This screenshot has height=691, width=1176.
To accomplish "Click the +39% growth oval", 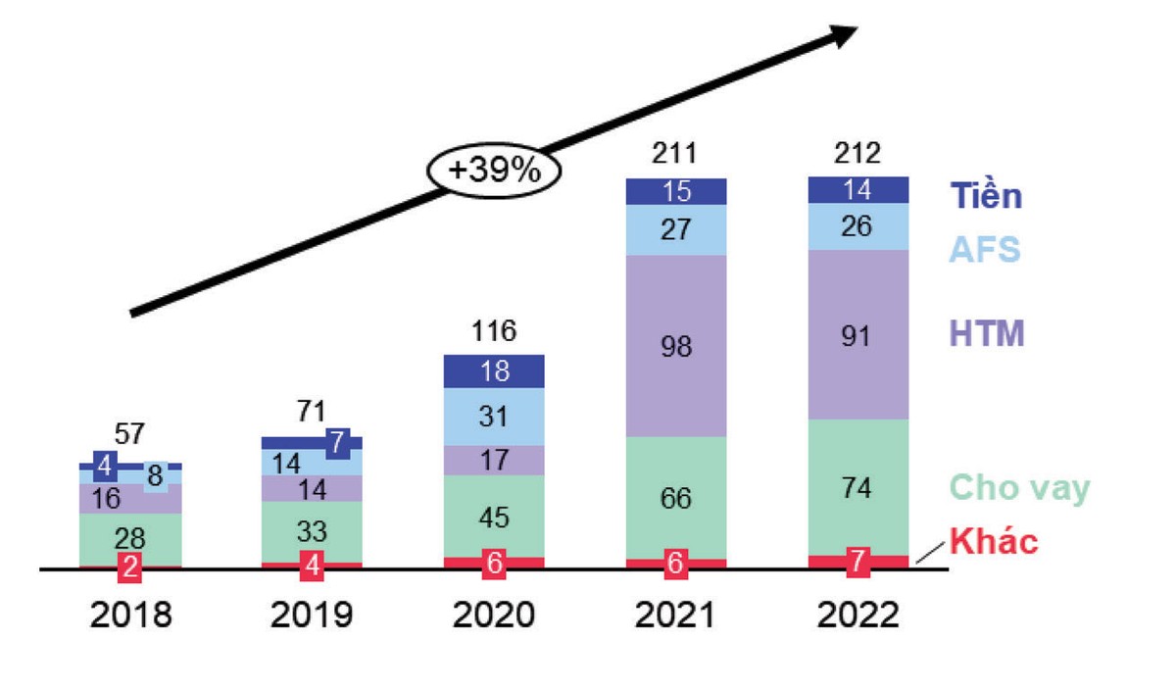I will pyautogui.click(x=494, y=172).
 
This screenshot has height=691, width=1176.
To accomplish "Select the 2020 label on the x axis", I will pyautogui.click(x=494, y=616).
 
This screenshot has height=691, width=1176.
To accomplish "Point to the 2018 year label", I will pyautogui.click(x=130, y=616).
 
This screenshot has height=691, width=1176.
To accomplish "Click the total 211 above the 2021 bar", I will pyautogui.click(x=676, y=154).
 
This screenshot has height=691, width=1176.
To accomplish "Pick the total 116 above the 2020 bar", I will pyautogui.click(x=494, y=331).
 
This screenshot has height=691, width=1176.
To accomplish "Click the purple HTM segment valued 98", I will pyautogui.click(x=676, y=346).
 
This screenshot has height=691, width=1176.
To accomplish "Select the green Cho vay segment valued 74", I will pyautogui.click(x=858, y=487).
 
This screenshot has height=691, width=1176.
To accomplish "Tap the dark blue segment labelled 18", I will pyautogui.click(x=494, y=371).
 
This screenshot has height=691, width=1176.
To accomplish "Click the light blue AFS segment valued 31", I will pyautogui.click(x=494, y=417).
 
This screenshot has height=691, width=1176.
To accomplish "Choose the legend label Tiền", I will pyautogui.click(x=987, y=196).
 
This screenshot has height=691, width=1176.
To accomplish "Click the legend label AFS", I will pyautogui.click(x=986, y=250).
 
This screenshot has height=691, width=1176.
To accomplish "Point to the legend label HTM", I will pyautogui.click(x=988, y=334).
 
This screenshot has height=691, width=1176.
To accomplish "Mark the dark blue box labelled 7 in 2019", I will pyautogui.click(x=336, y=442).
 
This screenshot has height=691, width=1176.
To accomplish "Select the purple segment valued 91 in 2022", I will pyautogui.click(x=858, y=334).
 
